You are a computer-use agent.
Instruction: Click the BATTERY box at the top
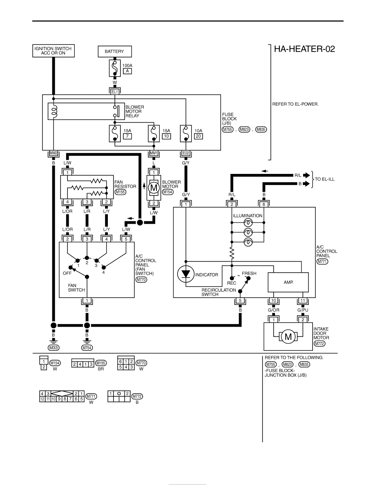click(x=115, y=51)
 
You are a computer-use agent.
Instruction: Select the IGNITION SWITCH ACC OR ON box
click(x=54, y=51)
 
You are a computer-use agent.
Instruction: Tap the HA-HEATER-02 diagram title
click(x=304, y=49)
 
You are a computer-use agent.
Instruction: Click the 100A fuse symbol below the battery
click(x=115, y=68)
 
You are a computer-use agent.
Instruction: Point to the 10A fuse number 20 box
click(x=199, y=136)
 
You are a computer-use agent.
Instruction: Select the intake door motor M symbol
click(x=288, y=336)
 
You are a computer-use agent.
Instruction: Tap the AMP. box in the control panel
click(x=288, y=282)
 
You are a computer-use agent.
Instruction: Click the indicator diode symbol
click(x=185, y=274)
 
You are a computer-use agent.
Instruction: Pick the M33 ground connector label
click(x=54, y=348)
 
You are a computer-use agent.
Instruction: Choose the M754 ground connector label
click(x=87, y=348)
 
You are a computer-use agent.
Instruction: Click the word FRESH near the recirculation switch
click(x=249, y=274)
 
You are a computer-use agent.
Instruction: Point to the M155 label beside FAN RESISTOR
click(x=121, y=192)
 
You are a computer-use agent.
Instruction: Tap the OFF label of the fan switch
click(x=67, y=273)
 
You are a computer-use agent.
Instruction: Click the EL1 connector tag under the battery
click(x=115, y=92)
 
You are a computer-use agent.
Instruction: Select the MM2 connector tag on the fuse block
click(x=54, y=153)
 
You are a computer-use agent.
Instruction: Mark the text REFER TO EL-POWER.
click(x=295, y=104)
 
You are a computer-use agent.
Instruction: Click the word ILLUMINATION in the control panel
click(x=248, y=216)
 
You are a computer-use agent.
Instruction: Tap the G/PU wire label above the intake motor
click(x=303, y=310)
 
